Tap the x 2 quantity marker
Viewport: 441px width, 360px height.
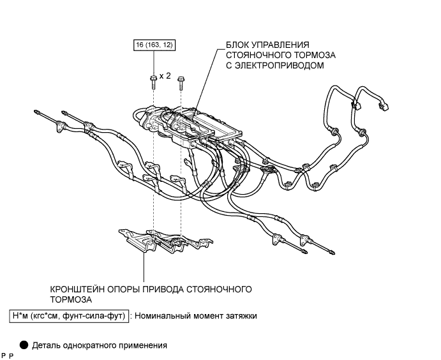click(x=165, y=76)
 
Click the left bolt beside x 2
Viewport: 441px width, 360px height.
click(x=153, y=80)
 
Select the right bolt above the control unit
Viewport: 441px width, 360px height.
click(x=181, y=80)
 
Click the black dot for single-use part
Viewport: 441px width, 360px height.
click(x=24, y=345)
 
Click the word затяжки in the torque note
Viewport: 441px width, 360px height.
click(x=238, y=315)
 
